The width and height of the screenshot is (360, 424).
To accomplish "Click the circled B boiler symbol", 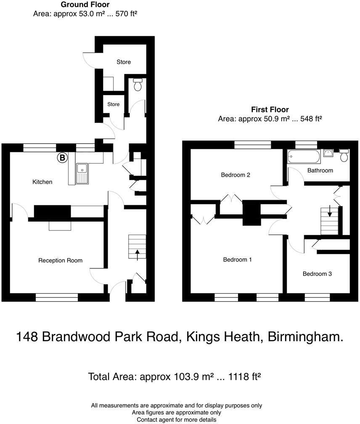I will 62,158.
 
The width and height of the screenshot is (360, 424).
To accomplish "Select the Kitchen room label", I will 42,182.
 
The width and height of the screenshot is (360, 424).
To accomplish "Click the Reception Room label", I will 60,260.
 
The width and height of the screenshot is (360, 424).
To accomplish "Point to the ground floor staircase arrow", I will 138,254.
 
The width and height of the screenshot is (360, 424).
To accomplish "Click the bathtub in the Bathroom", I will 303,157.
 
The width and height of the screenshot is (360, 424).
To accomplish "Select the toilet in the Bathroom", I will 344,156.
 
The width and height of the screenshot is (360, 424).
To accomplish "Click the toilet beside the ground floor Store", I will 137,85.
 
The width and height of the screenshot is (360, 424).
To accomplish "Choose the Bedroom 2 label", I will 236,175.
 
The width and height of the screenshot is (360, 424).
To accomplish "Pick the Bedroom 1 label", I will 237,260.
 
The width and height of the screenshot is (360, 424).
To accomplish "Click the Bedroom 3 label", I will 317,274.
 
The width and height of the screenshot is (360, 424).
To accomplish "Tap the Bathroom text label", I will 320,170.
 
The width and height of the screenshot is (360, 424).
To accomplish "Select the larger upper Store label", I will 124,62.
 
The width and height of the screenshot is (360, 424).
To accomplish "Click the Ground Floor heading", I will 85,5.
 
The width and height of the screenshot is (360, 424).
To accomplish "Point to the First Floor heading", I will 270,109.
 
